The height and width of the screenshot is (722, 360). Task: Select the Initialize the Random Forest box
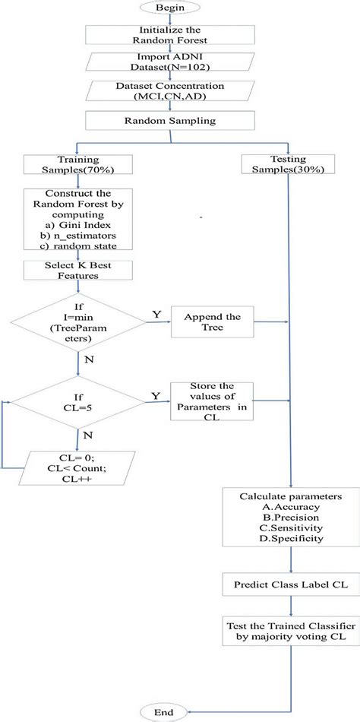(171, 34)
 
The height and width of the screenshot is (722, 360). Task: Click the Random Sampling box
(171, 119)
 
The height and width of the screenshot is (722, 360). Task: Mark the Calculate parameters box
(290, 517)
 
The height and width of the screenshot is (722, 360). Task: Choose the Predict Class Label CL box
(290, 585)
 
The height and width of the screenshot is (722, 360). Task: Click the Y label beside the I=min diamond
(156, 312)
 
